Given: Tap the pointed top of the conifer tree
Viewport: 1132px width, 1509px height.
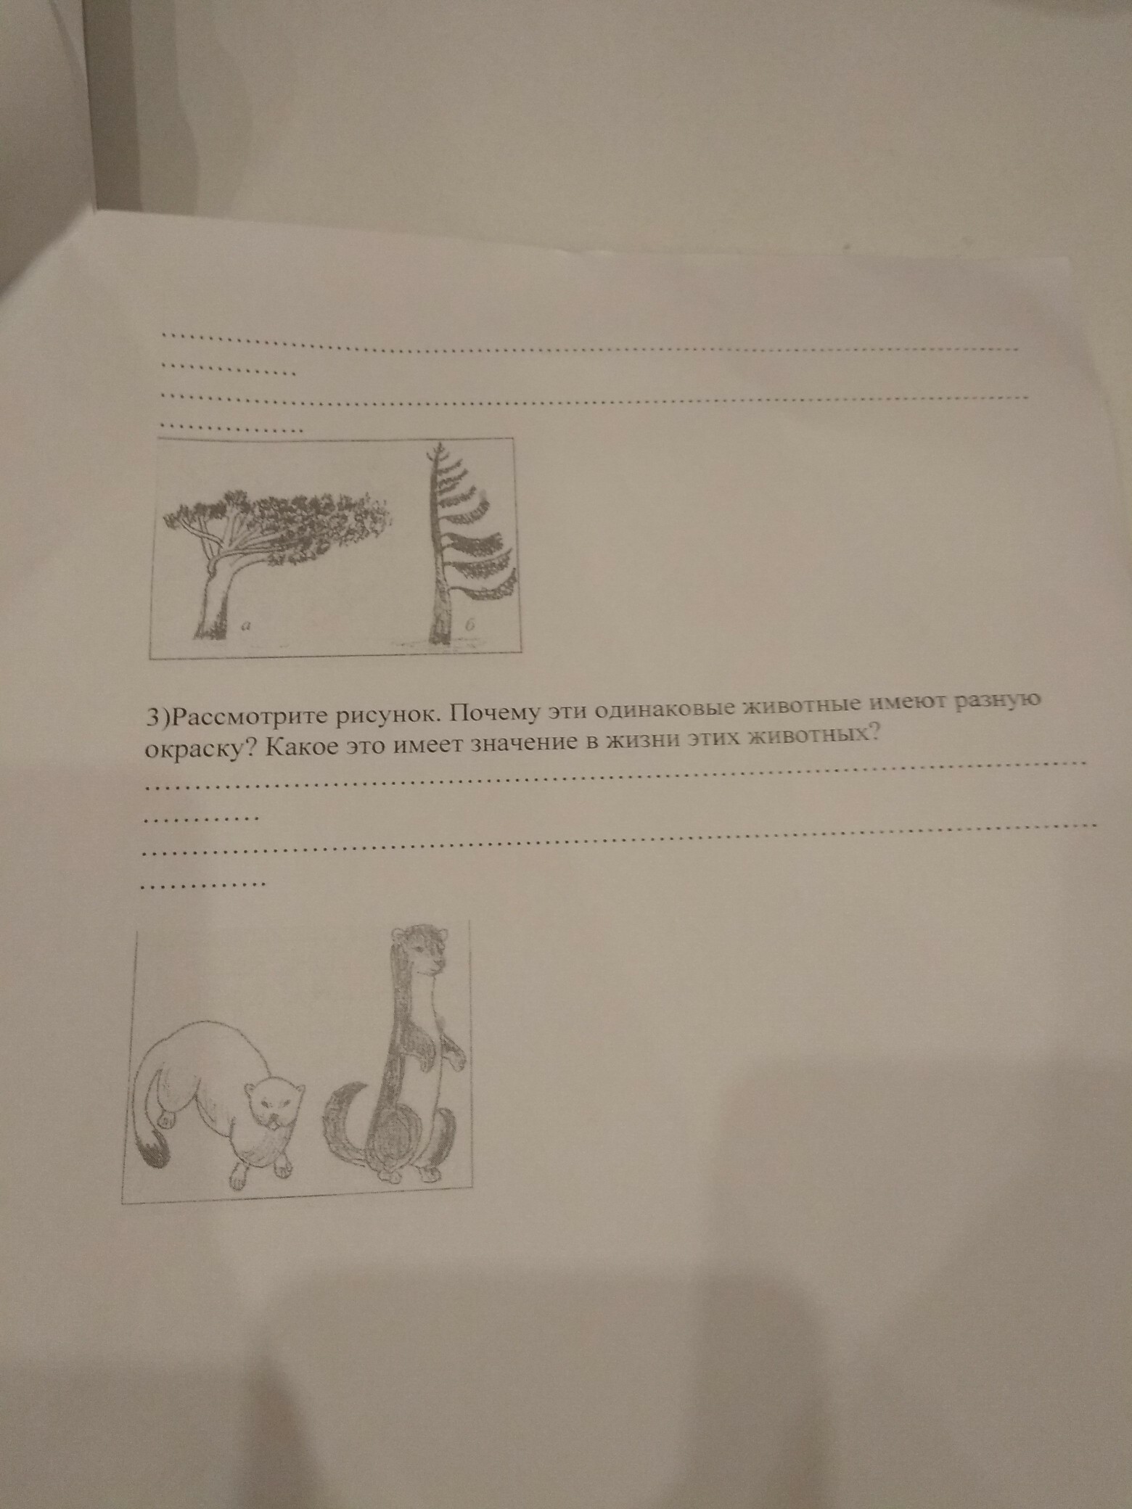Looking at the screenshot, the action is (x=438, y=448).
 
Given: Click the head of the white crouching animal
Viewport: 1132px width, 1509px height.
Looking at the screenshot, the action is (x=272, y=1105).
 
